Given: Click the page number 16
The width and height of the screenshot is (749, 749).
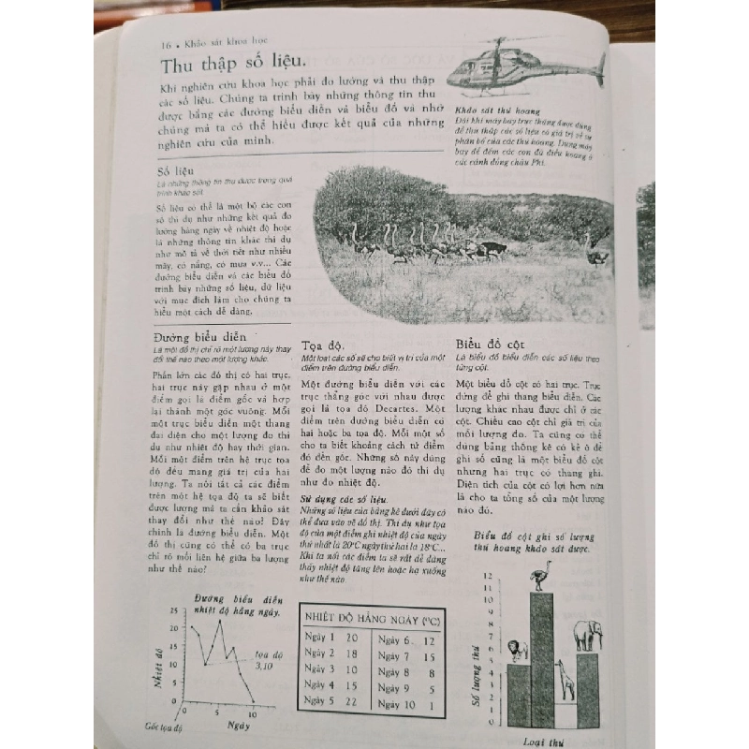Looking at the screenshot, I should (167, 44).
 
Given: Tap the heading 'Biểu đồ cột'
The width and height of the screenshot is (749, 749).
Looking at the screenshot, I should (492, 343).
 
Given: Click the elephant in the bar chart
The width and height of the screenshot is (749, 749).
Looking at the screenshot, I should (587, 636).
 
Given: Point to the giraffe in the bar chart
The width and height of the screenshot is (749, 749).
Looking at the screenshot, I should (563, 677).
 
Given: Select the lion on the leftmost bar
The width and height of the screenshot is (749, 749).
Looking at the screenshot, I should (517, 649).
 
